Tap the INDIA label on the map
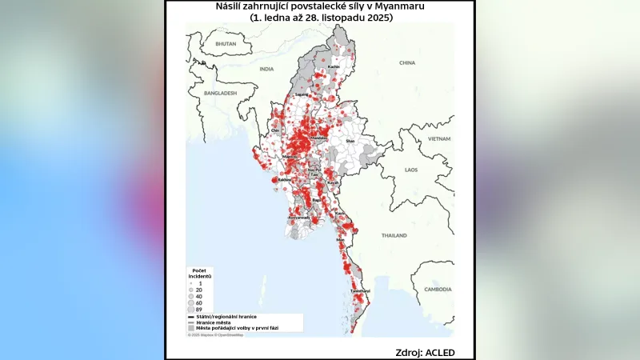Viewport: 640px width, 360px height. [x=266, y=70]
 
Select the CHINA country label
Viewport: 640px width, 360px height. [x=407, y=62]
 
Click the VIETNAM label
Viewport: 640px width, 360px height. [x=439, y=138]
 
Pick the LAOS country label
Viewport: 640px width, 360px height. [x=411, y=170]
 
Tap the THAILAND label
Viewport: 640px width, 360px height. [x=394, y=236]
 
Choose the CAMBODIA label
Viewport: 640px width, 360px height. [x=438, y=289]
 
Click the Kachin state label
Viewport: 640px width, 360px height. [x=345, y=66]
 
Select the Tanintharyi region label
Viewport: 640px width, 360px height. [x=359, y=290]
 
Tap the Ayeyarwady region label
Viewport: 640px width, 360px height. [x=298, y=217]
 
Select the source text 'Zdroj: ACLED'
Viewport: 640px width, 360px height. [x=423, y=352]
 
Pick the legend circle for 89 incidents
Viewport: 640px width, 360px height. [x=190, y=309]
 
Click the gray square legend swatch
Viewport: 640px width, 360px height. [x=191, y=328]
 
